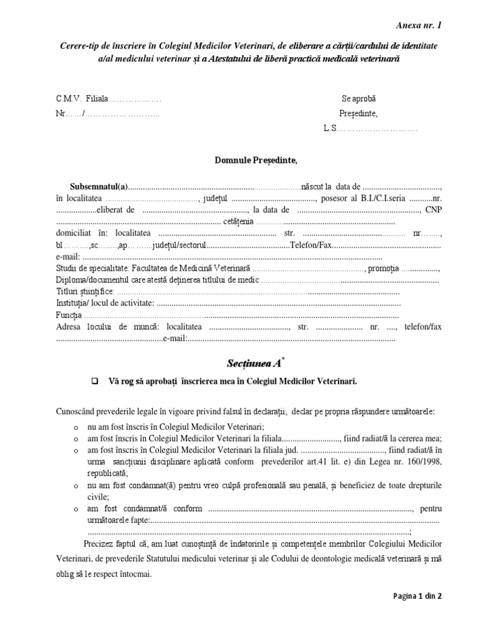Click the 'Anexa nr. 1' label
point(419,25)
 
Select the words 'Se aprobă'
point(359,99)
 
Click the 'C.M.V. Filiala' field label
point(82,99)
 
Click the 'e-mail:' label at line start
point(68,257)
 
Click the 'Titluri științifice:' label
point(85,291)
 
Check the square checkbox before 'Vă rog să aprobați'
point(96,381)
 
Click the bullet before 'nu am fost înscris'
point(76,427)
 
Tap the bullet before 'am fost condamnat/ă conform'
point(76,509)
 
